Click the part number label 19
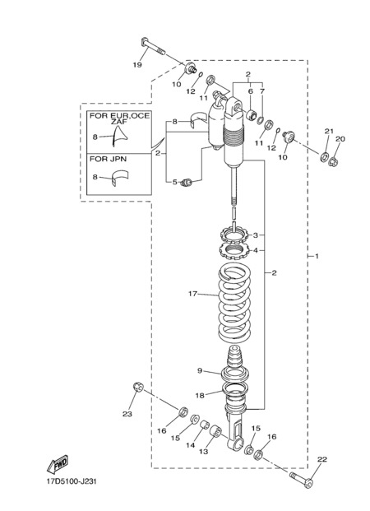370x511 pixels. (137, 65)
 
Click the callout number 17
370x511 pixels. (193, 294)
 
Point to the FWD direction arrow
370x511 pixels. (58, 464)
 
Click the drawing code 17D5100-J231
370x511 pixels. (72, 481)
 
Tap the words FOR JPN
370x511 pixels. (109, 159)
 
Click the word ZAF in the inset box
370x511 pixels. (119, 122)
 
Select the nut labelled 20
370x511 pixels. (333, 161)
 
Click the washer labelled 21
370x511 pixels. (324, 156)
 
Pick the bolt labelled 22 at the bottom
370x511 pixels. (302, 480)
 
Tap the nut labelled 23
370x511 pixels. (138, 387)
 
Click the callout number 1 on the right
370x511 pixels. (317, 256)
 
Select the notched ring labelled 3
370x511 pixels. (234, 235)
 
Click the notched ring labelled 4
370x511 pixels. (234, 251)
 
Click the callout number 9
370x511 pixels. (200, 370)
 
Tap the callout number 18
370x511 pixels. (200, 395)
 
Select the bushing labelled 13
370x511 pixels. (216, 432)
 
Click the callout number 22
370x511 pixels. (322, 459)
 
